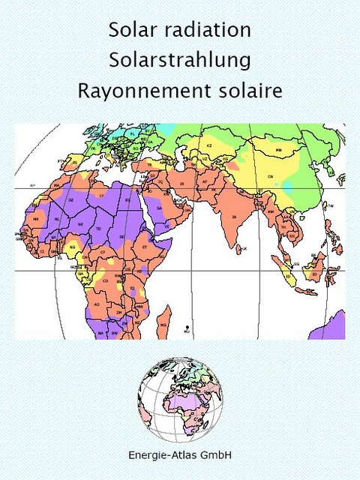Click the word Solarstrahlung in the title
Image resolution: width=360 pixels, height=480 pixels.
point(179,60)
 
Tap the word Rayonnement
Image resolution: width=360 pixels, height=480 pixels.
point(136,91)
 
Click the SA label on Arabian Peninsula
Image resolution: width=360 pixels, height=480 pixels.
point(159,210)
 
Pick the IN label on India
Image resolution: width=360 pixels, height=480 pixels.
point(234,216)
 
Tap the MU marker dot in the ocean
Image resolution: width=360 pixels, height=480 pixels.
point(186,328)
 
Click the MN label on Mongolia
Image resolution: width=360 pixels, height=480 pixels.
point(279,150)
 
